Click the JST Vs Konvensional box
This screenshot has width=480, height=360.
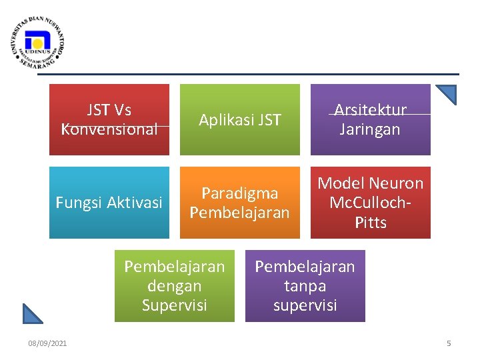109,119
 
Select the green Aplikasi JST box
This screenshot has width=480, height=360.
240,119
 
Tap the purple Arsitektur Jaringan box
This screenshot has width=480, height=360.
371,119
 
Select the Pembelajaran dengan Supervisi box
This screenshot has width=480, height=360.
175,286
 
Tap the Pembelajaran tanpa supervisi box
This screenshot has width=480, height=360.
305,286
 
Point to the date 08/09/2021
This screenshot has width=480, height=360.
47,343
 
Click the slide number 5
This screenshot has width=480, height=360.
449,343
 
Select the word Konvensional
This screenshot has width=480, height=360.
109,129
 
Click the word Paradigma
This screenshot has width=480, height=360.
240,193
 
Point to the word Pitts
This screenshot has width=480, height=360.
371,222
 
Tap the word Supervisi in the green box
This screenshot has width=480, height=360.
175,305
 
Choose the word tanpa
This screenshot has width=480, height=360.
305,286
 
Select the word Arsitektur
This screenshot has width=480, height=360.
371,110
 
